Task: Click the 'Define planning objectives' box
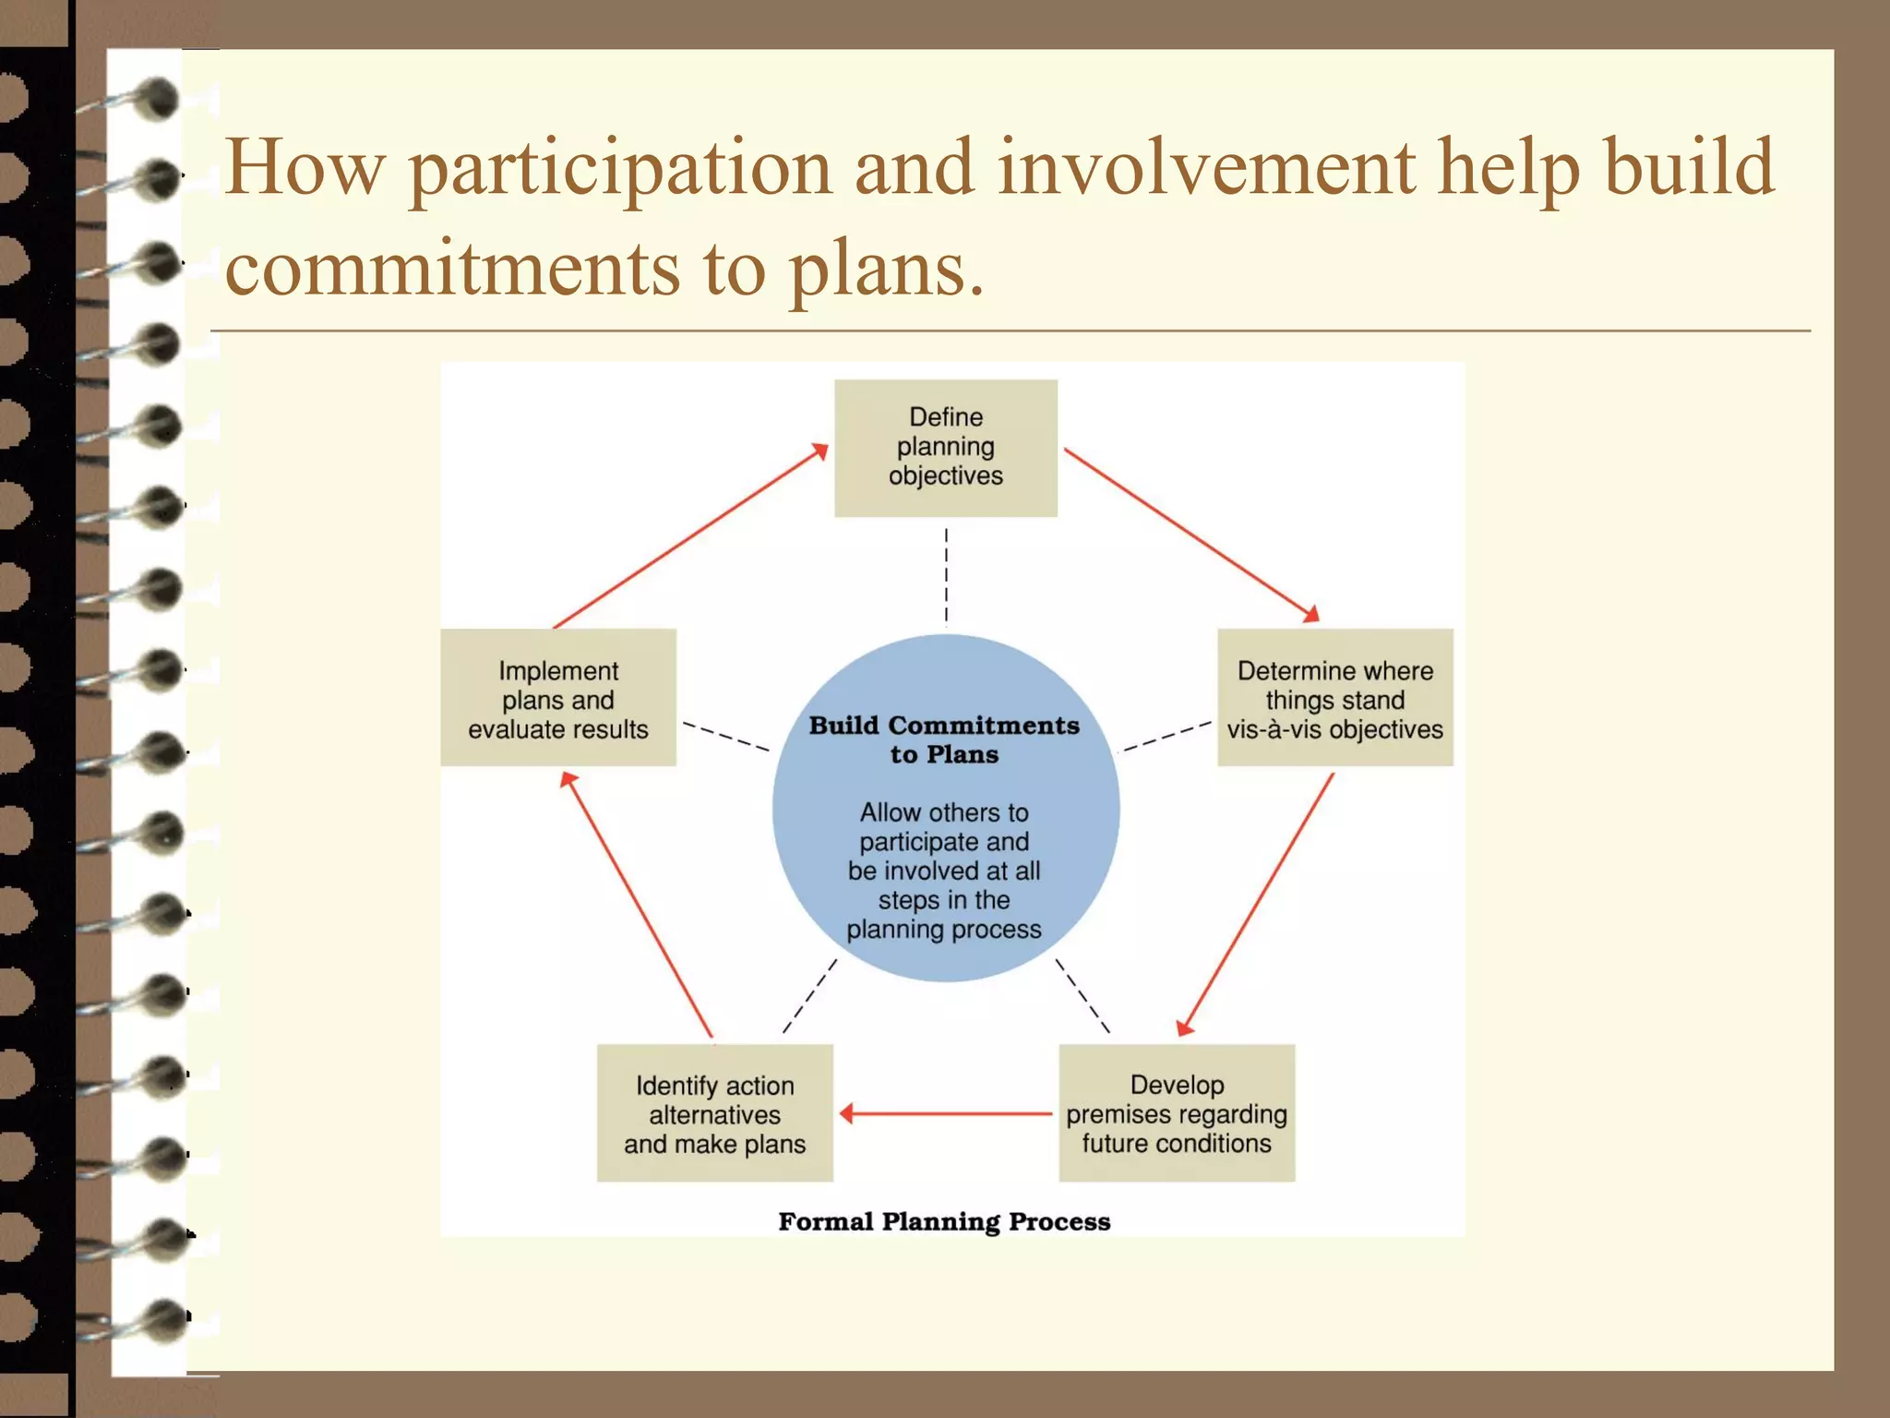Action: tap(945, 448)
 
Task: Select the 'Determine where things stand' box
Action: tap(1334, 698)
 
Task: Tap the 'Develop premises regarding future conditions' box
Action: tap(1177, 1113)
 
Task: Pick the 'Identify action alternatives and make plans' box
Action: tap(714, 1113)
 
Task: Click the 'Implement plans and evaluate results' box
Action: tap(557, 698)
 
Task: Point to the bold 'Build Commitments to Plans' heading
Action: tap(944, 739)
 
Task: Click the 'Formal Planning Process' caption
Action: tap(944, 1221)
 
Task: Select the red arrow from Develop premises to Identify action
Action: tap(945, 1113)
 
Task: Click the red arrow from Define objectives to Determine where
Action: tap(1190, 535)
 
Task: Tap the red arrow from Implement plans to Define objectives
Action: tap(690, 536)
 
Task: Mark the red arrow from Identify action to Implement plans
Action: tap(637, 905)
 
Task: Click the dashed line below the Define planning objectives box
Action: tap(946, 577)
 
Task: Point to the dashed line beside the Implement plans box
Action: tap(725, 736)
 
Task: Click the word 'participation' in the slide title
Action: tap(619, 169)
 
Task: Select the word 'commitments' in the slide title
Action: tap(451, 269)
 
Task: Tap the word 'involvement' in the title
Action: tap(1205, 167)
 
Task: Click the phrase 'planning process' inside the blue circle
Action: tap(944, 930)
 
